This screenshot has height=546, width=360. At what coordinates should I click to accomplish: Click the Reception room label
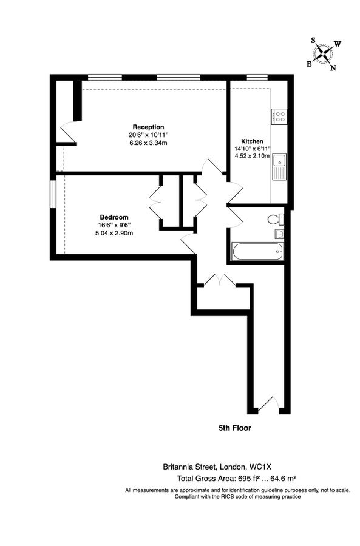tap(149, 127)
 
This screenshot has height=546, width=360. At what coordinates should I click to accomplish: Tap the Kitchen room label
tap(251, 141)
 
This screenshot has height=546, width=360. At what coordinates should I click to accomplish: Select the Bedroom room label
tap(114, 217)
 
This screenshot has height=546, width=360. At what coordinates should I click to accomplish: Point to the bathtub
tap(257, 251)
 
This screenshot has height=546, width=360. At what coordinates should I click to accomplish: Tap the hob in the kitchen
tap(280, 116)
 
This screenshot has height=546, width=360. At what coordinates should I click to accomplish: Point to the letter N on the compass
tap(333, 67)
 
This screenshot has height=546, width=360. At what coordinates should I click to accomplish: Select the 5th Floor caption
tap(235, 428)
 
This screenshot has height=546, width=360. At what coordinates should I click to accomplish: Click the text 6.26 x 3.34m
tap(148, 143)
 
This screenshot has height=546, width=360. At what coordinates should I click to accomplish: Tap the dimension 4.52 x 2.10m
tap(251, 156)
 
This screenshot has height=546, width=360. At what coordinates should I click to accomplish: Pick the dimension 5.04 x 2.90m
tap(114, 233)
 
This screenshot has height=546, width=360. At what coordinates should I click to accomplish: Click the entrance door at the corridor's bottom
tap(267, 403)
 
